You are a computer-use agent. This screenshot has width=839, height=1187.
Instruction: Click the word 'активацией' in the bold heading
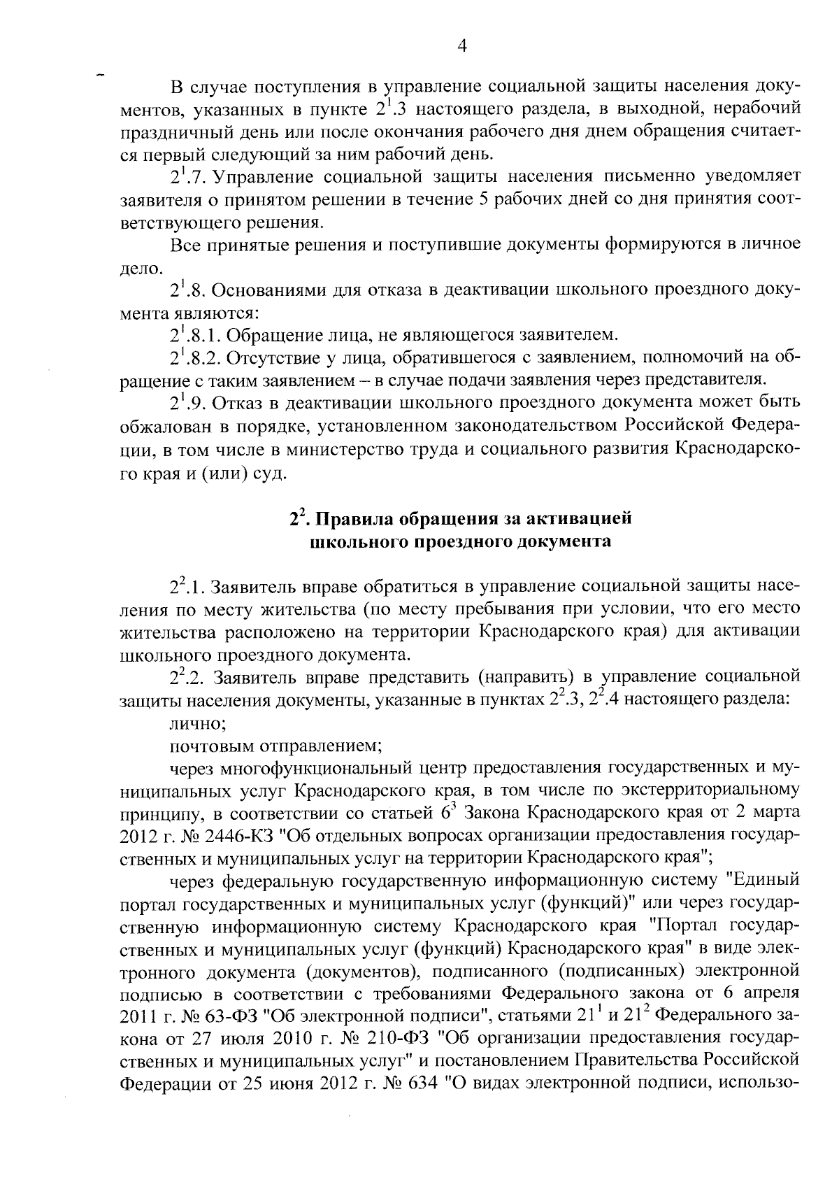[583, 519]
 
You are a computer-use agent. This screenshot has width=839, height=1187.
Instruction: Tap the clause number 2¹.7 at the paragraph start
[188, 176]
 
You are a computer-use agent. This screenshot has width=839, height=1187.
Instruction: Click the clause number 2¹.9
[187, 404]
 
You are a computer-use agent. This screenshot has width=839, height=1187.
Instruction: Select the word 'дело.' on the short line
[133, 268]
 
